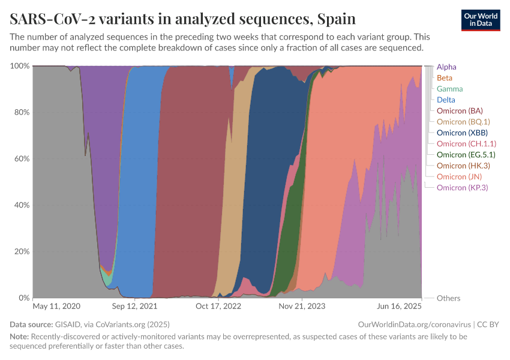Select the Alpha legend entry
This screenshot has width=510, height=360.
446,67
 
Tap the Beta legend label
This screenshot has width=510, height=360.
445,78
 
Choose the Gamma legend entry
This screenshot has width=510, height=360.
449,89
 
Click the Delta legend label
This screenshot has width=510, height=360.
446,100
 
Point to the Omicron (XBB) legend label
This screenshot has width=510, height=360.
462,133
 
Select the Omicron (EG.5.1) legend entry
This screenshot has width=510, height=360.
466,155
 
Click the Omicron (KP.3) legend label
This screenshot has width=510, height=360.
463,188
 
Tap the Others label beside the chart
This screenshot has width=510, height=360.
448,298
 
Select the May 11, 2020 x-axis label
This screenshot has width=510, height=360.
56,306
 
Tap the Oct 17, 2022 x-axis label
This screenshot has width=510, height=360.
218,306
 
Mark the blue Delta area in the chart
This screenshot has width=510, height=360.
138,180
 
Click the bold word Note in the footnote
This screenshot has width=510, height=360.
19,337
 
